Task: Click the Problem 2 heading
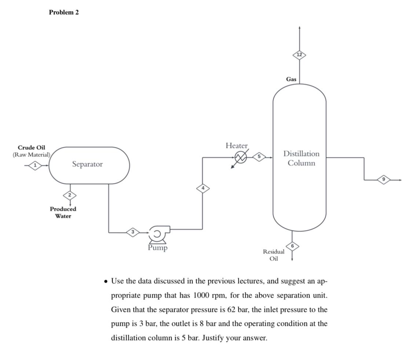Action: point(64,12)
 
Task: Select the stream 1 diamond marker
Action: point(35,166)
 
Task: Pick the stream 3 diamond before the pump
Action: point(133,232)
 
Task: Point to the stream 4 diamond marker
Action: point(203,188)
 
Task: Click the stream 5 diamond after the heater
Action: point(259,157)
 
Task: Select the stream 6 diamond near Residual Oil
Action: point(292,246)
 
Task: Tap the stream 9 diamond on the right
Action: point(384,179)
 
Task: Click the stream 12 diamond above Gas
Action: point(300,55)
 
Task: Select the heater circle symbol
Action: point(241,157)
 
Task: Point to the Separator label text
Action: point(87,164)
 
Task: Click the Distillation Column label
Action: point(301,158)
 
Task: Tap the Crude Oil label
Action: point(32,148)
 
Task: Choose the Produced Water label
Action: point(63,212)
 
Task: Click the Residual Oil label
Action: point(274,255)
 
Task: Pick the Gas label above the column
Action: point(291,79)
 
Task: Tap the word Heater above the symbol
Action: point(236,146)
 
